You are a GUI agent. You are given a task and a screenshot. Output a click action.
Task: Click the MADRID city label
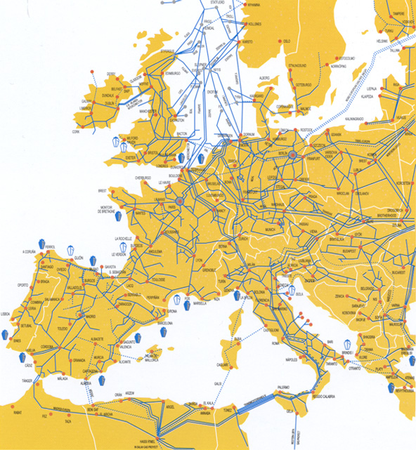tap(91, 317)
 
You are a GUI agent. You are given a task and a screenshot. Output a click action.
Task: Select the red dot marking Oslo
tap(282, 41)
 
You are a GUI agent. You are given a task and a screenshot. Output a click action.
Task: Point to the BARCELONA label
tap(169, 324)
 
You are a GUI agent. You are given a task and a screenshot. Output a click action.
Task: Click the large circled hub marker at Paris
tap(179, 201)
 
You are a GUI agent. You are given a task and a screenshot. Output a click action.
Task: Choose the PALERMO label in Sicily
tap(283, 387)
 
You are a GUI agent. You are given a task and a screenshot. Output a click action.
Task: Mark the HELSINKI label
tap(383, 41)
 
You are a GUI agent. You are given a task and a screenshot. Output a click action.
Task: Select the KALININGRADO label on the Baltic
tap(346, 109)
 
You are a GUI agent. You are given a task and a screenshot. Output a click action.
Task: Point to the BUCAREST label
tap(398, 270)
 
